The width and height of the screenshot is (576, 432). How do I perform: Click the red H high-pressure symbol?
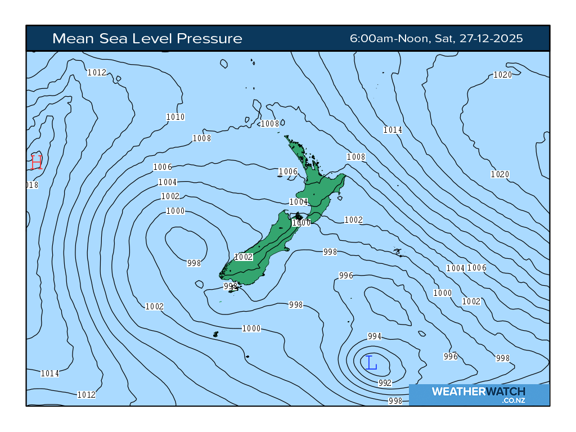click(37, 161)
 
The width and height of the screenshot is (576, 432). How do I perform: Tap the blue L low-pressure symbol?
click(371, 363)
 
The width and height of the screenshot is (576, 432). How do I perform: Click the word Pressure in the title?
click(209, 38)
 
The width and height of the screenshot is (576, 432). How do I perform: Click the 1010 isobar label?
click(175, 117)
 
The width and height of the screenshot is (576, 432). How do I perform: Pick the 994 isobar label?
click(375, 336)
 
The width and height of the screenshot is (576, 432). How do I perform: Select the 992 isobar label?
click(385, 382)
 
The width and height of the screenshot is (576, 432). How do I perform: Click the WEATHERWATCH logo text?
click(478, 391)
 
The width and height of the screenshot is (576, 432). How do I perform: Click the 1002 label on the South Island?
click(244, 257)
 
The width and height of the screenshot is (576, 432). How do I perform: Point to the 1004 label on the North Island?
click(298, 202)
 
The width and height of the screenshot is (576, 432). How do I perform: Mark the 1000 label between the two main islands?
click(301, 223)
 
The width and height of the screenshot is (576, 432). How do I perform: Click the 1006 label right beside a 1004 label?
click(476, 268)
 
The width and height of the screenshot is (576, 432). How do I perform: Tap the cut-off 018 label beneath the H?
click(32, 185)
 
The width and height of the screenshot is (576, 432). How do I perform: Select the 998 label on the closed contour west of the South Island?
click(194, 263)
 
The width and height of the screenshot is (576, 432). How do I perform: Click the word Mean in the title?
click(71, 38)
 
